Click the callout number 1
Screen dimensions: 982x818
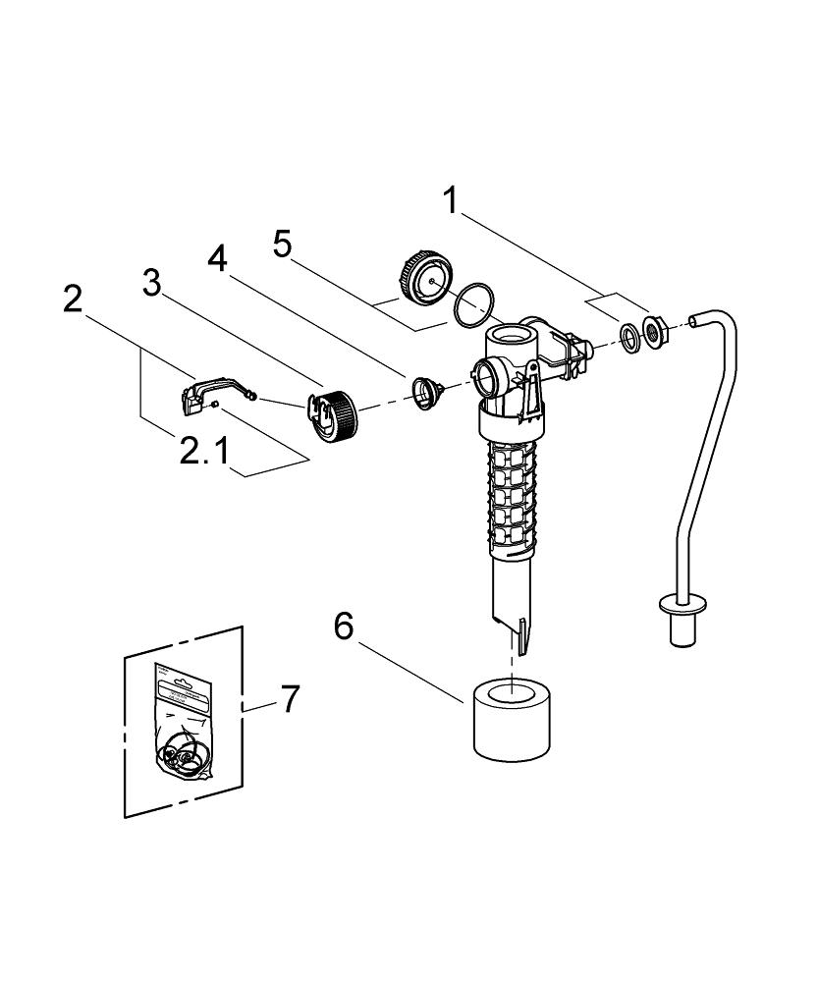tap(451, 201)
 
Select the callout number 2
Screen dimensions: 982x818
tap(73, 299)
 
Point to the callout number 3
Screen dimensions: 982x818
tap(151, 284)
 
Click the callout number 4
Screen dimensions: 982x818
tap(218, 258)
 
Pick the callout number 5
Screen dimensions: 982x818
tap(283, 244)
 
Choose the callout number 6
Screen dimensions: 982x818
tap(343, 626)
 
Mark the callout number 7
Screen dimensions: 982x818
tap(289, 699)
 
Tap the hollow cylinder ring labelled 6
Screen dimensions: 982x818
tap(509, 716)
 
